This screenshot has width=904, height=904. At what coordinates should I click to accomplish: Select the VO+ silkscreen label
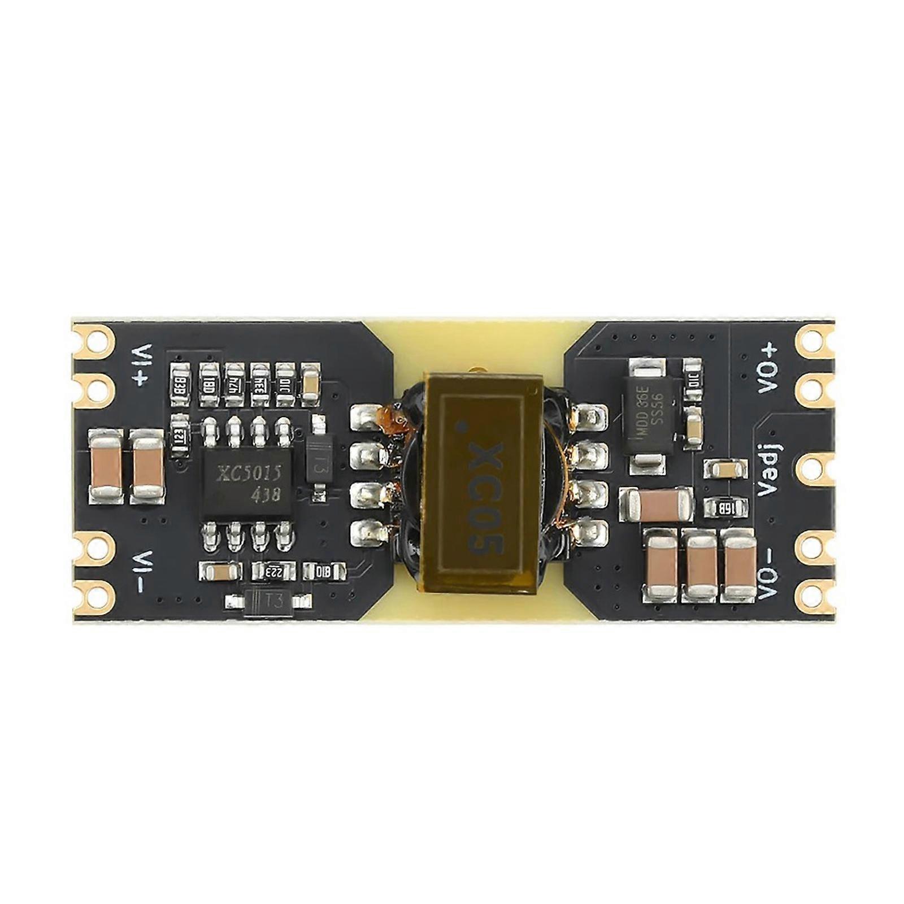coord(768,370)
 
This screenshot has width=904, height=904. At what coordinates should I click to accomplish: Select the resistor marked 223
coord(274,571)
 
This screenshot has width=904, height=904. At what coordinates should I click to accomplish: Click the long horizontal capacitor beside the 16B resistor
coord(655,504)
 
